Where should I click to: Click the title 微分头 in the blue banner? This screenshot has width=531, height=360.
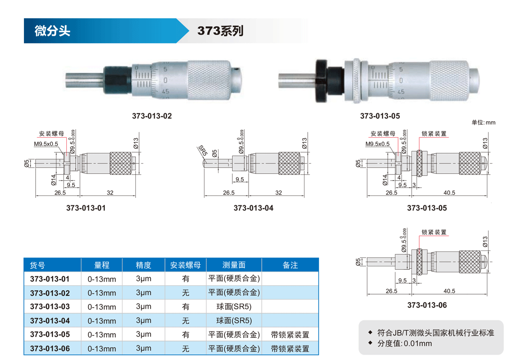(52, 31)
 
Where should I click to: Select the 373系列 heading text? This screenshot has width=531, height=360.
(220, 31)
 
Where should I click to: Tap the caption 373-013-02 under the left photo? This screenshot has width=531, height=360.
(152, 116)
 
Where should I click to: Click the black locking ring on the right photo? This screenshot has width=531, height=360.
(321, 81)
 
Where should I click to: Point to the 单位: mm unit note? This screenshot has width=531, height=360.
(483, 122)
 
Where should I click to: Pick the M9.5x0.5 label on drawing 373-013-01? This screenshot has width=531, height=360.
(46, 144)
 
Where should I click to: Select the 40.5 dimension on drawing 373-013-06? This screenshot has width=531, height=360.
(449, 291)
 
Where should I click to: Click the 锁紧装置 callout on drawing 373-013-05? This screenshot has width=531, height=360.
(434, 133)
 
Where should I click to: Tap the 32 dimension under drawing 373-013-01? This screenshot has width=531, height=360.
(110, 193)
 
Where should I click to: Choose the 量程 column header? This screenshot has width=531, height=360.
(102, 265)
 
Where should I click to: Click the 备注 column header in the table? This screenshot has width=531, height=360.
(290, 265)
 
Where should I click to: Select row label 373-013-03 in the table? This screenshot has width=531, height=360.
(50, 306)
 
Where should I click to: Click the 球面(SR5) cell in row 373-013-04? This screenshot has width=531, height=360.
(234, 321)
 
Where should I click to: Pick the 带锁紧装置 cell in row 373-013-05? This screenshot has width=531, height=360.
(290, 335)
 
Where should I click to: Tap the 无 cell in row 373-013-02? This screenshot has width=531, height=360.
(186, 293)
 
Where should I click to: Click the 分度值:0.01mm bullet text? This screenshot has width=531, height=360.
(405, 344)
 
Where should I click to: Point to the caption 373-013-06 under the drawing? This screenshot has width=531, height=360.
(427, 305)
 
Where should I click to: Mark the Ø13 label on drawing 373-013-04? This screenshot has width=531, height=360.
(305, 143)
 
